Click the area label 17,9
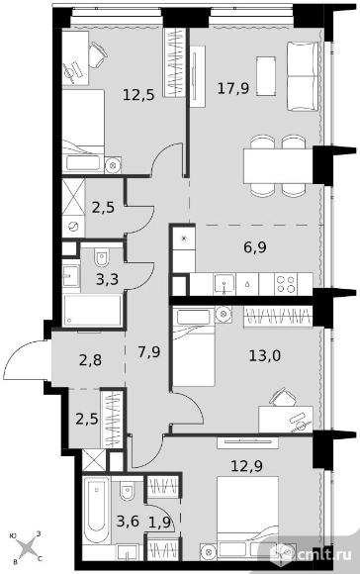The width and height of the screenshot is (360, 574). (233, 88)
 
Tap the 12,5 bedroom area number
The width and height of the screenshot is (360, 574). (138, 95)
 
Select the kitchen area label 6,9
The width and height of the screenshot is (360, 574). (255, 247)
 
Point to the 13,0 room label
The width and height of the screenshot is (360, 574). (264, 355)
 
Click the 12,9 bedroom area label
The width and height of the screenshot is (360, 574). (246, 466)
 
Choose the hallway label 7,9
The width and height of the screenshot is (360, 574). (149, 352)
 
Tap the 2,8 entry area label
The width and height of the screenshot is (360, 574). (90, 360)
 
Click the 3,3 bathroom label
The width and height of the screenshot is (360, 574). (107, 280)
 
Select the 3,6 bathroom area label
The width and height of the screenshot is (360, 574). (128, 521)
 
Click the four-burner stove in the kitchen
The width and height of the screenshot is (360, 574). (286, 284)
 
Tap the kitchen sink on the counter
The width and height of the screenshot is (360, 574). (225, 284)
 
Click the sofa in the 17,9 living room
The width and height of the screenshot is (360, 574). (302, 76)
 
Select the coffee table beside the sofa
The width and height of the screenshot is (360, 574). (266, 76)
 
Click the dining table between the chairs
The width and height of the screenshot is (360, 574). (279, 165)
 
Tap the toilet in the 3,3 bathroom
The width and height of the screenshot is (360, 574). (102, 257)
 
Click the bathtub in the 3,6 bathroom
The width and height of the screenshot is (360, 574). (96, 510)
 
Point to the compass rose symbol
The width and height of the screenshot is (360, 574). (28, 548)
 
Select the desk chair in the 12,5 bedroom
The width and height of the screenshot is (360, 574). (98, 55)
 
